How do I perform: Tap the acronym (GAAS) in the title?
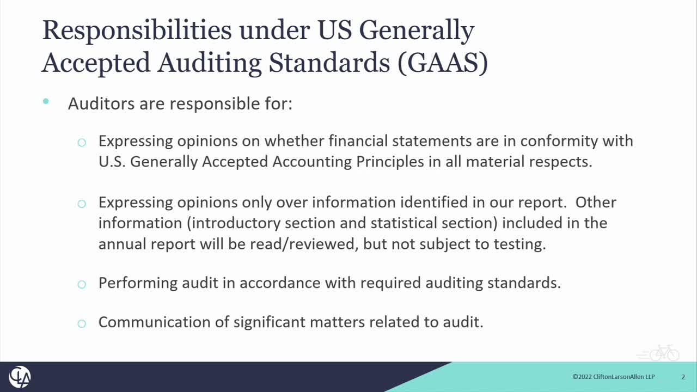pos(443,63)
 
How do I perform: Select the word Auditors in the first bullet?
pos(101,103)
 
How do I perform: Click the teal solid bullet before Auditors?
pos(46,101)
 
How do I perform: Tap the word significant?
pos(270,322)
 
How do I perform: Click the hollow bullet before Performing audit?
pos(82,284)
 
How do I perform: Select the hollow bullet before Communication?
pos(82,323)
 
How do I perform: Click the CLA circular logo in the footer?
pos(20,377)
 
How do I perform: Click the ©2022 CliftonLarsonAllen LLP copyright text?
pos(613,377)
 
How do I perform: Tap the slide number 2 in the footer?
pos(683,377)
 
